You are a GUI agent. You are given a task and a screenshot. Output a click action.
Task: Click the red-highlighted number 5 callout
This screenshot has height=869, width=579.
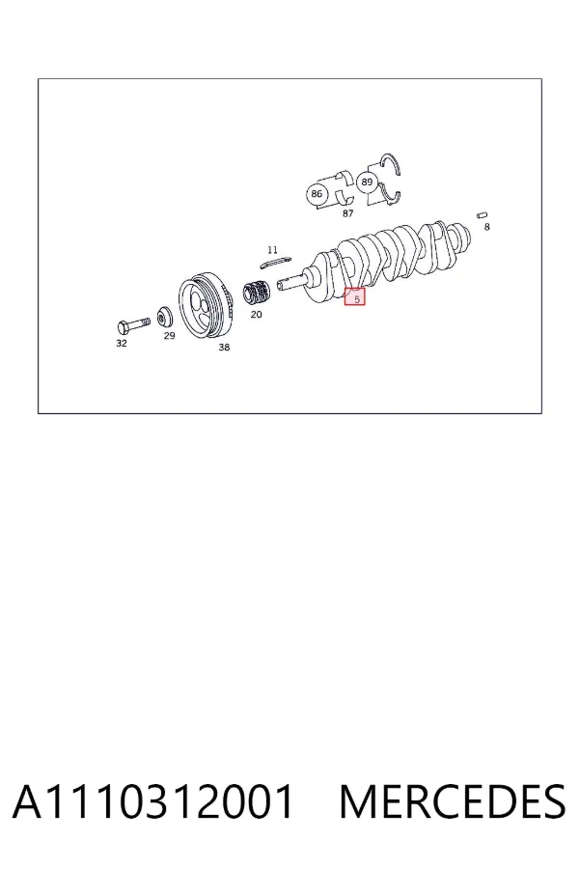point(354,297)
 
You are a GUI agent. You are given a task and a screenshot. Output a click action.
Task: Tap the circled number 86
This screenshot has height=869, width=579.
point(317,194)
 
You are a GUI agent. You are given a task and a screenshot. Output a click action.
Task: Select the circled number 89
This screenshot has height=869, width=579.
point(367,182)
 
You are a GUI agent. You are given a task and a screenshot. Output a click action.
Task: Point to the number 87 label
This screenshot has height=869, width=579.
point(347,213)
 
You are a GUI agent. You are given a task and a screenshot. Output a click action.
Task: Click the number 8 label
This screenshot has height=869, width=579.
point(487,227)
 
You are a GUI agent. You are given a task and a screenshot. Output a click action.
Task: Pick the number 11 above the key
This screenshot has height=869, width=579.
point(272,250)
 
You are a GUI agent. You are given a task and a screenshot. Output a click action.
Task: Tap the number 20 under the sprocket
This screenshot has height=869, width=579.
point(256,314)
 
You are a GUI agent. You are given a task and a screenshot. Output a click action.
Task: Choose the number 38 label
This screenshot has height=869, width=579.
point(224,347)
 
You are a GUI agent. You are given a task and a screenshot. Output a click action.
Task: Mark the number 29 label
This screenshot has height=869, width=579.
point(169,335)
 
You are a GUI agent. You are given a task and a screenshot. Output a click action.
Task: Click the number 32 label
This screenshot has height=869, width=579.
point(122,343)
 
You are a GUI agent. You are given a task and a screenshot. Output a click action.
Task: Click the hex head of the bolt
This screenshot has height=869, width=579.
point(124,326)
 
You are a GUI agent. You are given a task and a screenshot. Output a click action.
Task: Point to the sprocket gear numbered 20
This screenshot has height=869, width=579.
point(257,294)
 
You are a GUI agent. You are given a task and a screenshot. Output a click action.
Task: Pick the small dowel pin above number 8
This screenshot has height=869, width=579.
point(482,215)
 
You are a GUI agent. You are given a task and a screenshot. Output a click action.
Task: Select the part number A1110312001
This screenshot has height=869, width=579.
point(152,801)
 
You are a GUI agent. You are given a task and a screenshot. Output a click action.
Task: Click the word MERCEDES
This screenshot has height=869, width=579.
point(453,801)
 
